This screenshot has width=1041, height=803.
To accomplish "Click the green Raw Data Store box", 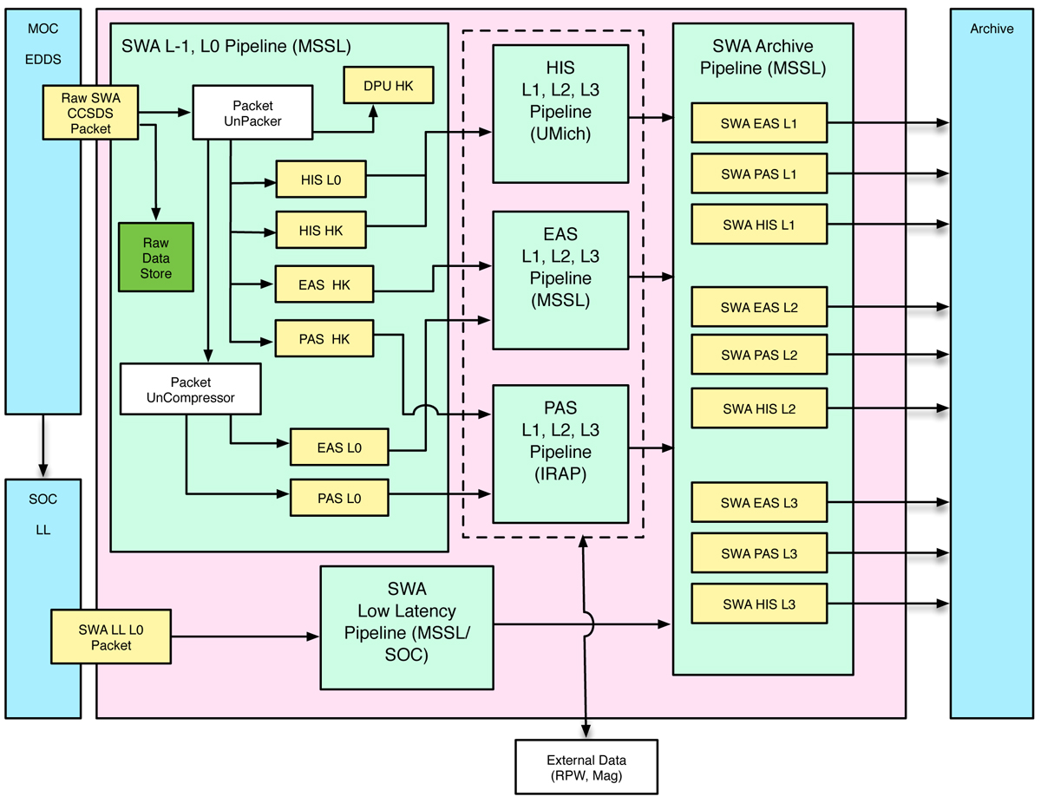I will point(157,257).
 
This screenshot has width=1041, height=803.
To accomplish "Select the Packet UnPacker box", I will point(252,112).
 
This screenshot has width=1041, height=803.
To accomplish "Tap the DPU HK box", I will point(387,85).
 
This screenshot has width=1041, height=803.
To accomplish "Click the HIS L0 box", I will point(321,179).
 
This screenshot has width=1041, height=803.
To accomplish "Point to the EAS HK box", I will point(324,284).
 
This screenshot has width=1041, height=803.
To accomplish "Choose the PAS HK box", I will point(324,338).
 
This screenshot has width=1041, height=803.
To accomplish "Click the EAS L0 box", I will point(338,447).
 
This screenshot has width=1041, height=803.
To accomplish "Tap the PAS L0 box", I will point(338,499).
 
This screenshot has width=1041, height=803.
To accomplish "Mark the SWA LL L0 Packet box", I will point(110,638).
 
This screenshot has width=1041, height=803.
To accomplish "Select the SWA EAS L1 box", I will point(759,123).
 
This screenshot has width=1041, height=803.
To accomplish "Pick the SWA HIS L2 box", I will point(759,408).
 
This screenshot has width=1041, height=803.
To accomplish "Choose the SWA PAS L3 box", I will point(759,553).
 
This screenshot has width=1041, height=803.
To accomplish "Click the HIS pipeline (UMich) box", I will point(560,113).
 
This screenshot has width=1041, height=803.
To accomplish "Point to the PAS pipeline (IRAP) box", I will point(560,453).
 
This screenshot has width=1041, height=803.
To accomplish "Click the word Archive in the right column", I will point(992,29).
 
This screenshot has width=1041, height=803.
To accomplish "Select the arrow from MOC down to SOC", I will point(42,444).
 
